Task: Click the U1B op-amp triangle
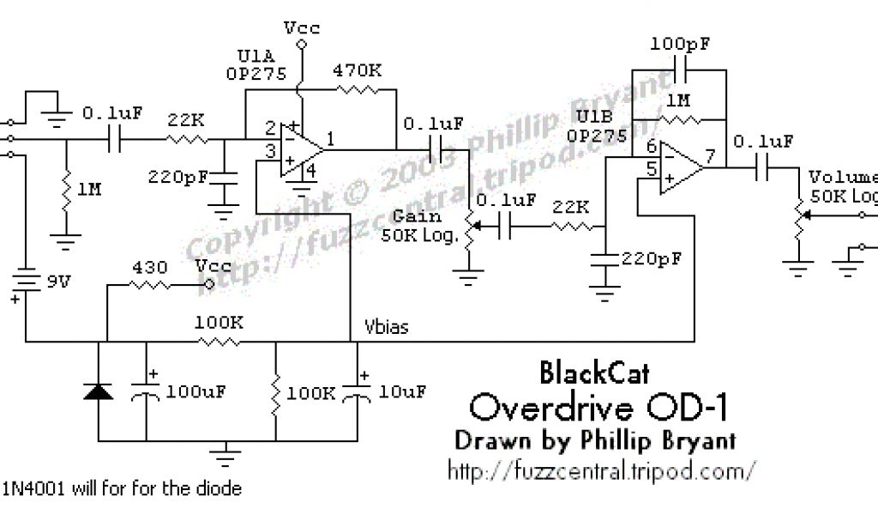point(677,167)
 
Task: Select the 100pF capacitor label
point(680,43)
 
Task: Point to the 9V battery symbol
point(25,281)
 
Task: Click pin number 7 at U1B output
point(710,156)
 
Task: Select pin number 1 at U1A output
point(331,136)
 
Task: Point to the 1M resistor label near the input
point(89,189)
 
